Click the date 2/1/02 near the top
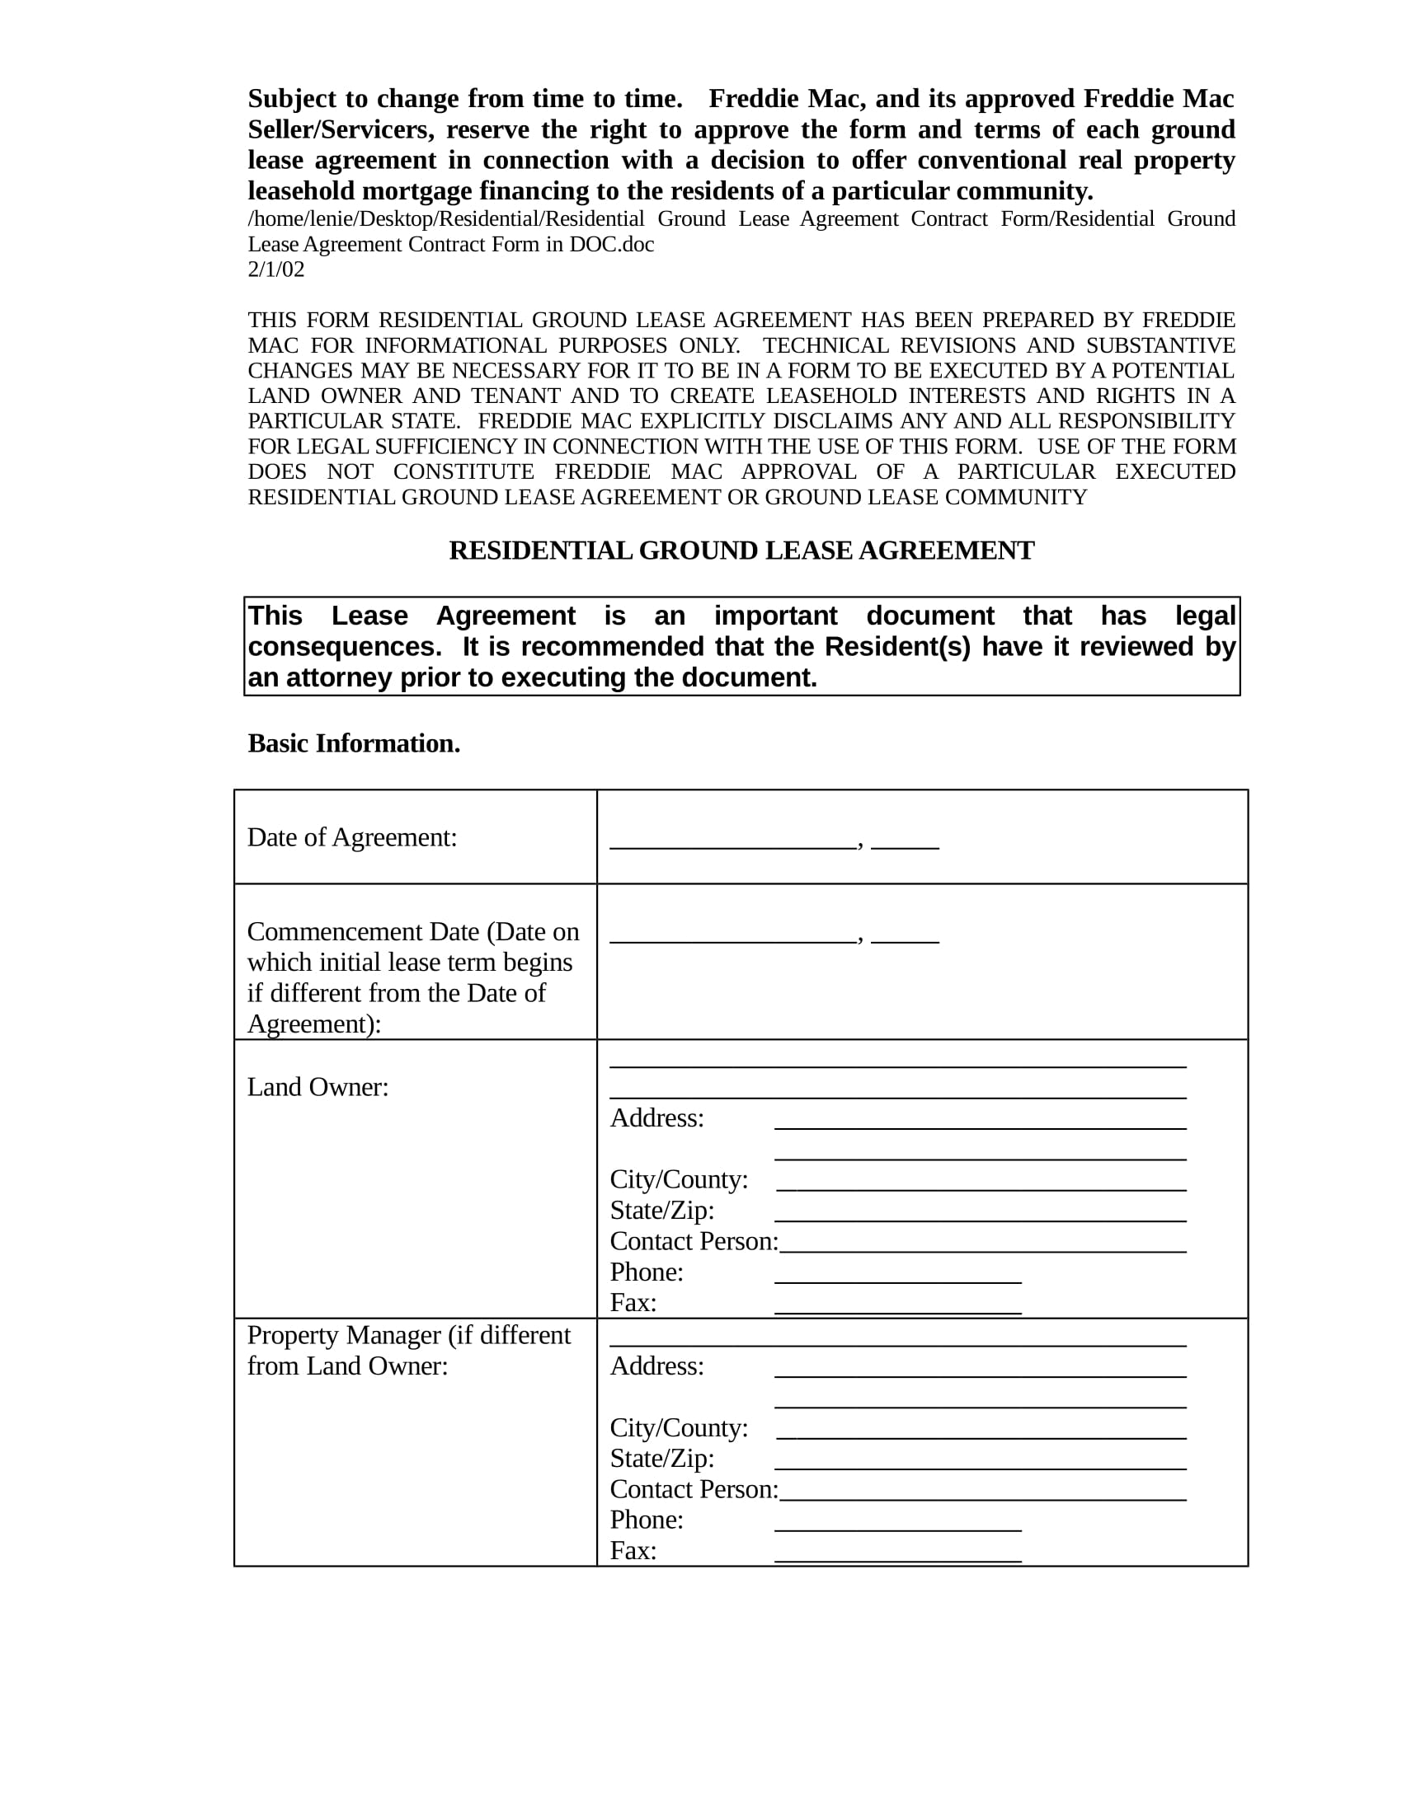(275, 269)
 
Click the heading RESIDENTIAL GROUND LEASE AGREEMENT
(741, 550)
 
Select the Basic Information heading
(354, 743)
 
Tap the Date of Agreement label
(352, 836)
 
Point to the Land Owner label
(318, 1087)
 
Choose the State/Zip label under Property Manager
(662, 1458)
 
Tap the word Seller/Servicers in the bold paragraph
(338, 129)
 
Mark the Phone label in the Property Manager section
(647, 1519)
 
